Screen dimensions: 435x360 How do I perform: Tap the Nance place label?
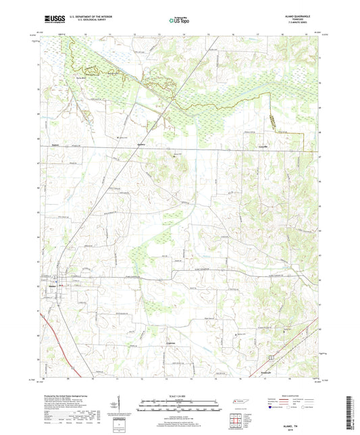tap(56, 146)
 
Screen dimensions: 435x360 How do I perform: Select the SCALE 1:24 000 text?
tap(179, 396)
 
